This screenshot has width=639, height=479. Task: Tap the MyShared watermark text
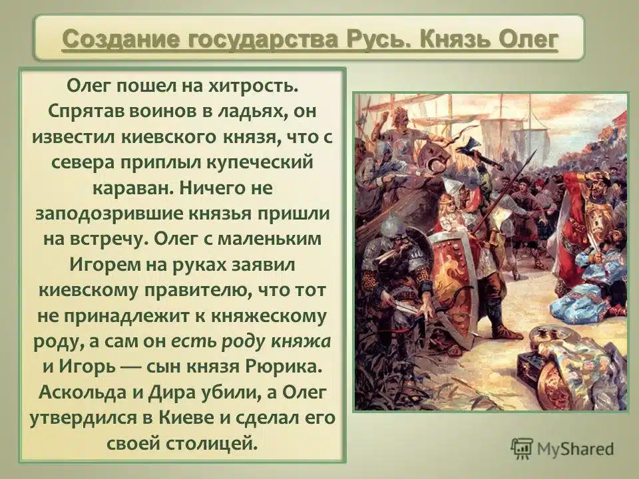tap(575, 449)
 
